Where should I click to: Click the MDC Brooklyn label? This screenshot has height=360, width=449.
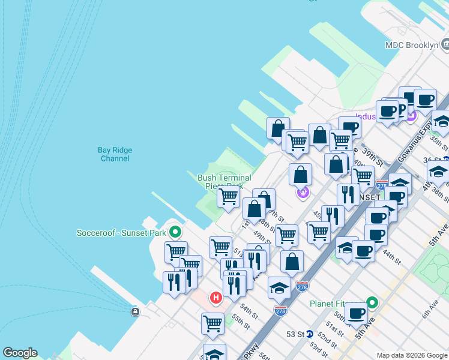click(412, 45)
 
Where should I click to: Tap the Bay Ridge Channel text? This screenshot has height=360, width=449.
click(115, 154)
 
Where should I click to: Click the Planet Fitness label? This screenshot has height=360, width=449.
click(337, 304)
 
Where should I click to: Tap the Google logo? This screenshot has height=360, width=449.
click(20, 353)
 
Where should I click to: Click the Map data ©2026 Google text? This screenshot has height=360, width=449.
click(412, 355)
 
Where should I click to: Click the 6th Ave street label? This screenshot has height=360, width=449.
click(431, 309)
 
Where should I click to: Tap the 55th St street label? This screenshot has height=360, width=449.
click(241, 320)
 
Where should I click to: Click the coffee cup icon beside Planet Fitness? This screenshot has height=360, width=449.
click(357, 313)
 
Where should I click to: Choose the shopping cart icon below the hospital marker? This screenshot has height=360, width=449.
click(212, 323)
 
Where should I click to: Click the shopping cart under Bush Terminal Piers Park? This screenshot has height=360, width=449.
click(228, 196)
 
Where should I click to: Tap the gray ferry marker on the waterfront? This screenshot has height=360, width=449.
click(135, 311)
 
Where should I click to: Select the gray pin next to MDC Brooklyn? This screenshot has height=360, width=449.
click(445, 44)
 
